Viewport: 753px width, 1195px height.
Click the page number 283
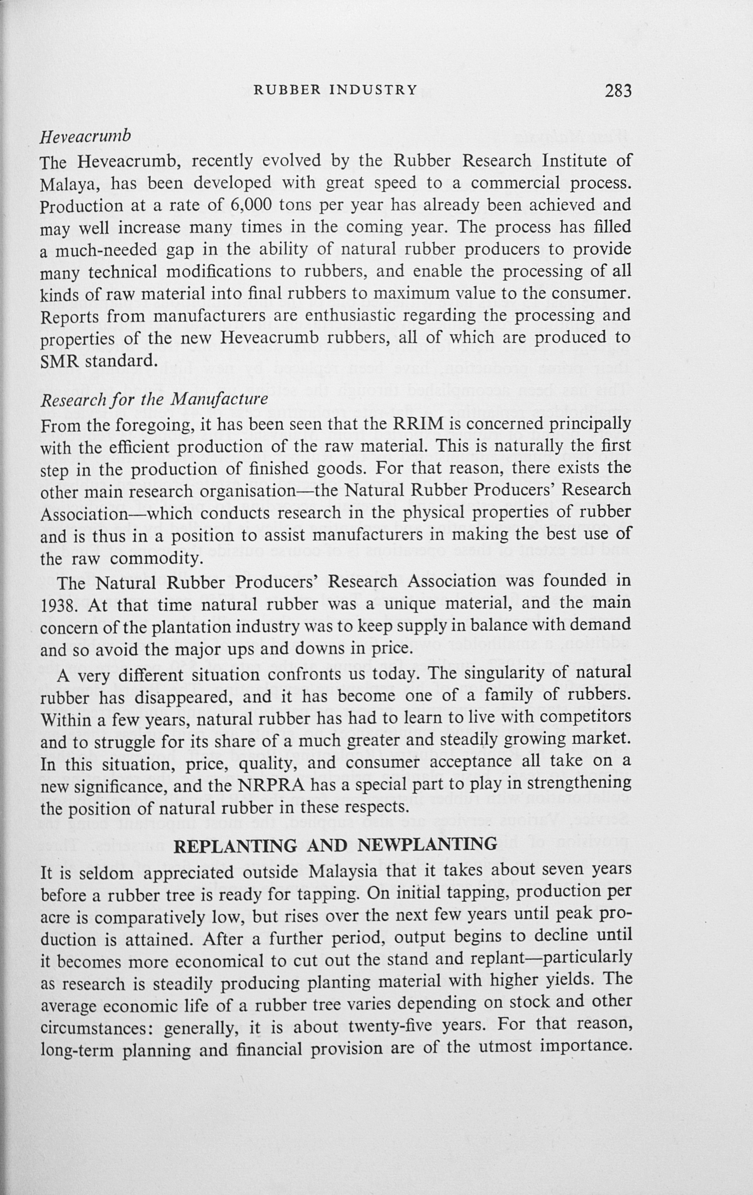pos(617,91)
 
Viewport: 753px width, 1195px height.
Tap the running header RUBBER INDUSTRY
pos(335,90)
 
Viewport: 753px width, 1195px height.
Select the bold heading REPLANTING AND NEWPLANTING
pos(335,845)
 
